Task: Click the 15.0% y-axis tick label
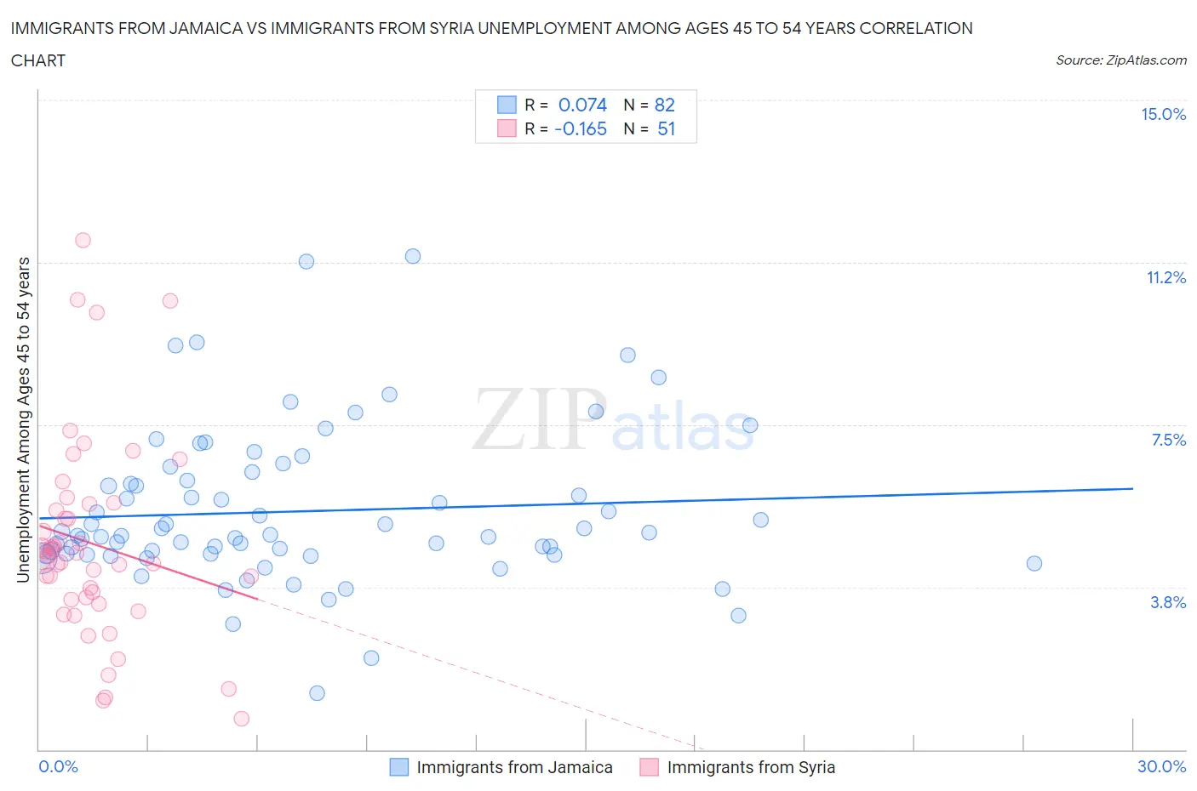click(x=1163, y=115)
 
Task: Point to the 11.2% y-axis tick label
click(x=1165, y=278)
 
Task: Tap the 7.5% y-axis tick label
click(x=1168, y=440)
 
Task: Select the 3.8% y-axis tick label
click(x=1168, y=602)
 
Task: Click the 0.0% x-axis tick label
click(x=58, y=766)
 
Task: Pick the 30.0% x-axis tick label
click(x=1161, y=766)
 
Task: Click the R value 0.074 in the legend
click(x=582, y=105)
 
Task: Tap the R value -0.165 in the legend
click(x=580, y=128)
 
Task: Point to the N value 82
click(x=664, y=105)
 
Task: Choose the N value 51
click(x=666, y=128)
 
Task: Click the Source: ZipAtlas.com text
click(x=1120, y=60)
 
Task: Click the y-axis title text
click(x=23, y=420)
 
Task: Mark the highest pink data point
click(x=83, y=240)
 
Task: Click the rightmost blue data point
click(x=1034, y=563)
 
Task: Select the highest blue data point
click(x=413, y=256)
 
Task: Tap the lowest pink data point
click(x=242, y=719)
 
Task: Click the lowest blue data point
click(x=317, y=693)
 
